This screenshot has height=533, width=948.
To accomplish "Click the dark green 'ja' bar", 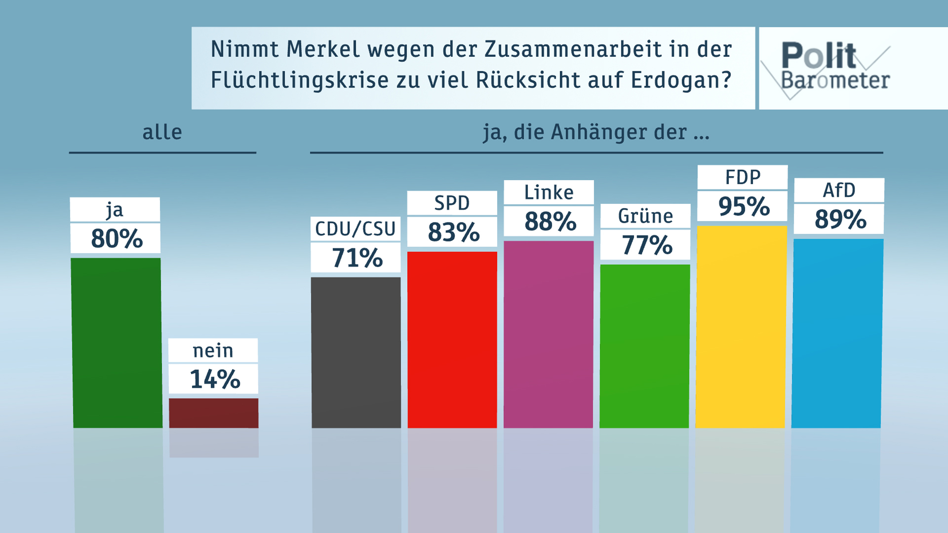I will (x=117, y=343).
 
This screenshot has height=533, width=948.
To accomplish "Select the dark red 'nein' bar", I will (x=213, y=413).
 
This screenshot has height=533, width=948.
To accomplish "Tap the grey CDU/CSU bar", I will (x=356, y=352).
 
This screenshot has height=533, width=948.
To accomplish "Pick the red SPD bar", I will (x=452, y=339).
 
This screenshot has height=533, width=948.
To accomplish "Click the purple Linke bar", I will (x=548, y=334).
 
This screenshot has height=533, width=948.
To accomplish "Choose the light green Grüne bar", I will (x=645, y=346).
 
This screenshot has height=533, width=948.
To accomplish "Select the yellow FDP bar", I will (x=741, y=326).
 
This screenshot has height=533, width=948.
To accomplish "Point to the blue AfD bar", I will (x=837, y=333).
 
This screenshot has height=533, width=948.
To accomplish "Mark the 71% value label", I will (x=356, y=257).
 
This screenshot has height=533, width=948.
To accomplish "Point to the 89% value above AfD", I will (x=840, y=219).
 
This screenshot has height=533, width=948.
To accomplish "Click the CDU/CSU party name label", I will (x=355, y=229).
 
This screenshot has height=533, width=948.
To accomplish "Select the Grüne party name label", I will (x=646, y=216).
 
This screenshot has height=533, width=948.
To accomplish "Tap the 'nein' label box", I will (x=213, y=350).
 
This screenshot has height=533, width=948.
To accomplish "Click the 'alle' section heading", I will (x=162, y=132).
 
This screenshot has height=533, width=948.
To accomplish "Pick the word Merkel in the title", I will (x=323, y=49).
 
